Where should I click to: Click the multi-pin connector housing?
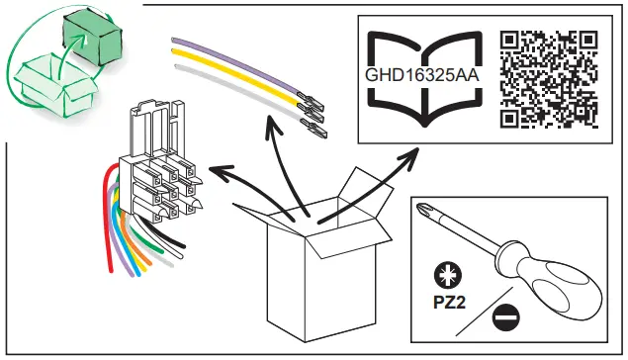coord(158,168)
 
